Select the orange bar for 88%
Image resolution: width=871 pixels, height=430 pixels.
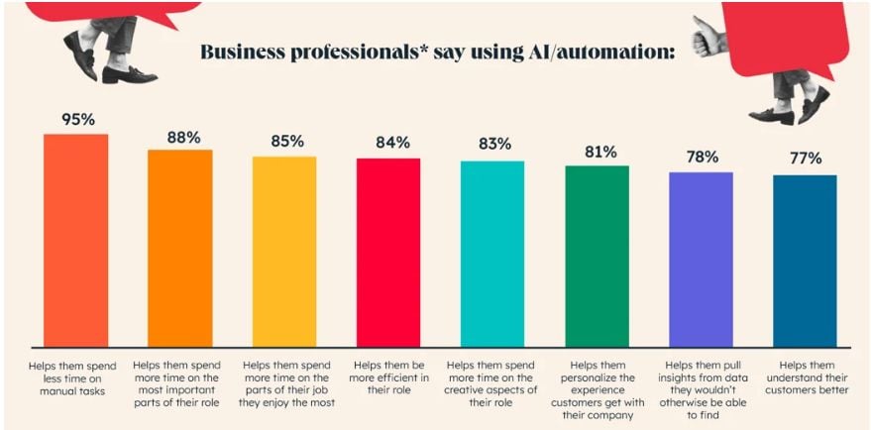coord(179,248)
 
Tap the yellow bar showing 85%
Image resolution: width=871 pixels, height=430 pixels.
coord(284,251)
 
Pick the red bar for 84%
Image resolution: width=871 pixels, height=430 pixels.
coord(388,252)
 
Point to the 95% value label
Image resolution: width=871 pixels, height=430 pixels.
coord(76,119)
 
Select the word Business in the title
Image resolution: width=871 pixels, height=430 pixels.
coord(252,52)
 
